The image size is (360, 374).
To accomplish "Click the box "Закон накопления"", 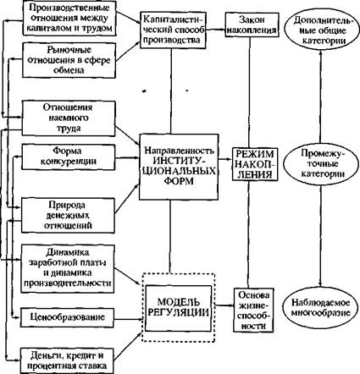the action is point(252,25).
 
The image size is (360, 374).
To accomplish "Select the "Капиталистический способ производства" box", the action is point(172,30).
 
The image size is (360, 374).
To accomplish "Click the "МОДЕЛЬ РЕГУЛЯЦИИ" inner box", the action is point(178,308).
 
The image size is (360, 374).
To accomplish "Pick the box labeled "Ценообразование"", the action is point(67,317).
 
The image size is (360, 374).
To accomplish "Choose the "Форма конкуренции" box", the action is point(69,157).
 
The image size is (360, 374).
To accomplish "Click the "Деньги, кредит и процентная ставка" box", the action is point(67,360).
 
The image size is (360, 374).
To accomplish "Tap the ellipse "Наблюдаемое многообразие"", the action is point(320,307).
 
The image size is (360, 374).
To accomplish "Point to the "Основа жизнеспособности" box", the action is point(253,310).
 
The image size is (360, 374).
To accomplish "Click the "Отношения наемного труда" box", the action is point(69,118).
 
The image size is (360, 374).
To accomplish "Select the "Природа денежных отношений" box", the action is point(68,215).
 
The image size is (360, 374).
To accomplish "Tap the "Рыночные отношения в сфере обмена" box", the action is point(69,60).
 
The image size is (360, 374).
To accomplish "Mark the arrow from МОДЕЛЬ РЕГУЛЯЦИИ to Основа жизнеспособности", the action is point(223,305).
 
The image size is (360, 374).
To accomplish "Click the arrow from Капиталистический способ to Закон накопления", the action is point(214,29).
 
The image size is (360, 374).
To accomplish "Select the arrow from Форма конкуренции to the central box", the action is point(127,158).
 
